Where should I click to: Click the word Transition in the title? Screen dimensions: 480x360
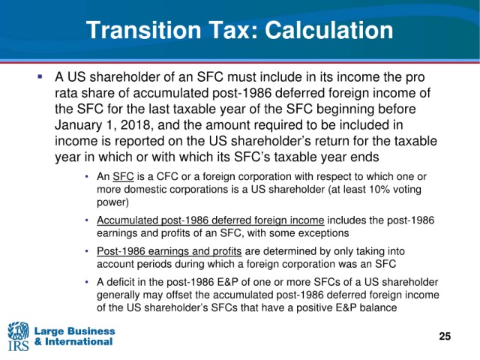pos(143,30)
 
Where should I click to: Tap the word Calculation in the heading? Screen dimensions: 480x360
pos(328,30)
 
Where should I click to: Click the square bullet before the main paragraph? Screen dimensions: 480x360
pos(40,76)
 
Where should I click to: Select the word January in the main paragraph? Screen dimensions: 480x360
pos(78,125)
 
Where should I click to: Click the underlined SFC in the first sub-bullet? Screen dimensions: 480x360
pos(123,177)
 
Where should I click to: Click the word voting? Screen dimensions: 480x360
pos(407,190)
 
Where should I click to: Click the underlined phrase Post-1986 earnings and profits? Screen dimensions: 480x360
pos(169,251)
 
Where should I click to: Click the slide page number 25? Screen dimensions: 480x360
pos(445,336)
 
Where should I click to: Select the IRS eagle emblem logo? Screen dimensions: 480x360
pos(18,336)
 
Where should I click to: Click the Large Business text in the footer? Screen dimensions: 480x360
pos(75,331)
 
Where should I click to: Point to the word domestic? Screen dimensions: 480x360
pos(145,190)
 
